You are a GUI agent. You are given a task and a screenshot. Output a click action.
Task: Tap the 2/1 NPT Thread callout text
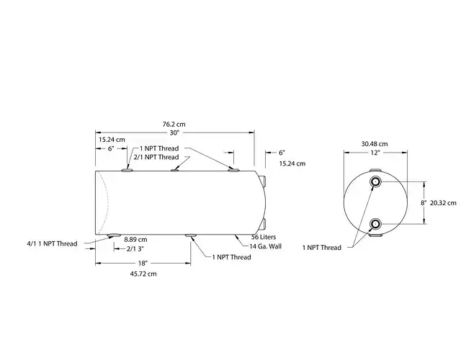(156, 157)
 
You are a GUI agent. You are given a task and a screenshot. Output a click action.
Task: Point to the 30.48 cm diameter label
(375, 143)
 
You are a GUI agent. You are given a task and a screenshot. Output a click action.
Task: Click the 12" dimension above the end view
(375, 153)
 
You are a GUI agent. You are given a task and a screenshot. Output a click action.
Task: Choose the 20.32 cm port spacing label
(443, 203)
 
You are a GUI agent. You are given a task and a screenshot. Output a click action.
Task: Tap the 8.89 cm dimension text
(135, 239)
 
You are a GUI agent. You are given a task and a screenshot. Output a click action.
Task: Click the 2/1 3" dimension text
(135, 248)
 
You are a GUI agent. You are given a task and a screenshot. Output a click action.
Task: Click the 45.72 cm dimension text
(144, 274)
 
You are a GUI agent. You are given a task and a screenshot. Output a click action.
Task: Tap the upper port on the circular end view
(375, 181)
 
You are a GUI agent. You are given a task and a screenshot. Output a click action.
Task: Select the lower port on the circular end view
(375, 225)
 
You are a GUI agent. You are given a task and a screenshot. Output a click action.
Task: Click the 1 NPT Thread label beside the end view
(321, 248)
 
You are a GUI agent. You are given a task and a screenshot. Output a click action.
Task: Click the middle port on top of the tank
(175, 169)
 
